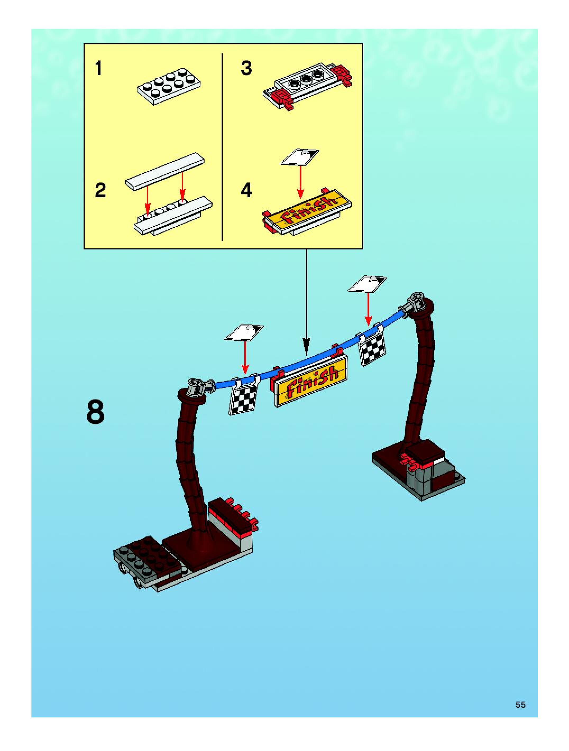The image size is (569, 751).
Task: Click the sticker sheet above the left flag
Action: (244, 332)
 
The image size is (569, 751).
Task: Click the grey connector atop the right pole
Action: (416, 300)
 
